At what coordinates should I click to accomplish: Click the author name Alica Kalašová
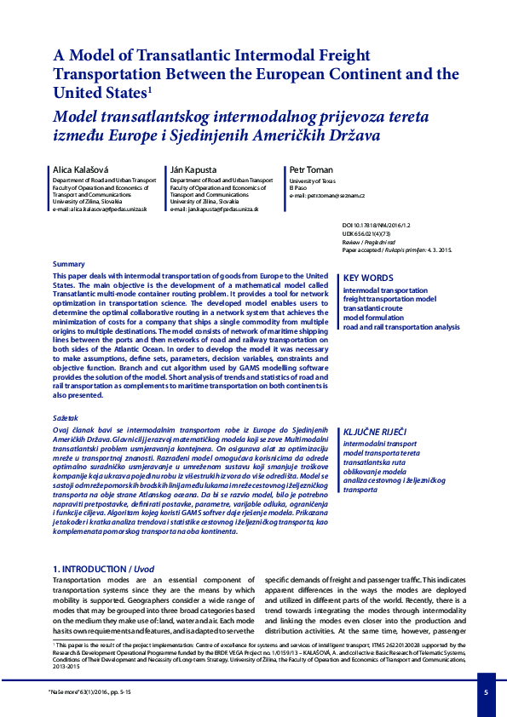click(76, 170)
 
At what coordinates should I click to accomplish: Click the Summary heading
click(68, 265)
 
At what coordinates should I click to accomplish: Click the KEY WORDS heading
click(368, 278)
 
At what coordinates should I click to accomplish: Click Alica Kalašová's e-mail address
click(100, 209)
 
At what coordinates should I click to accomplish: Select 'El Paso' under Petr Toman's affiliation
click(299, 188)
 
